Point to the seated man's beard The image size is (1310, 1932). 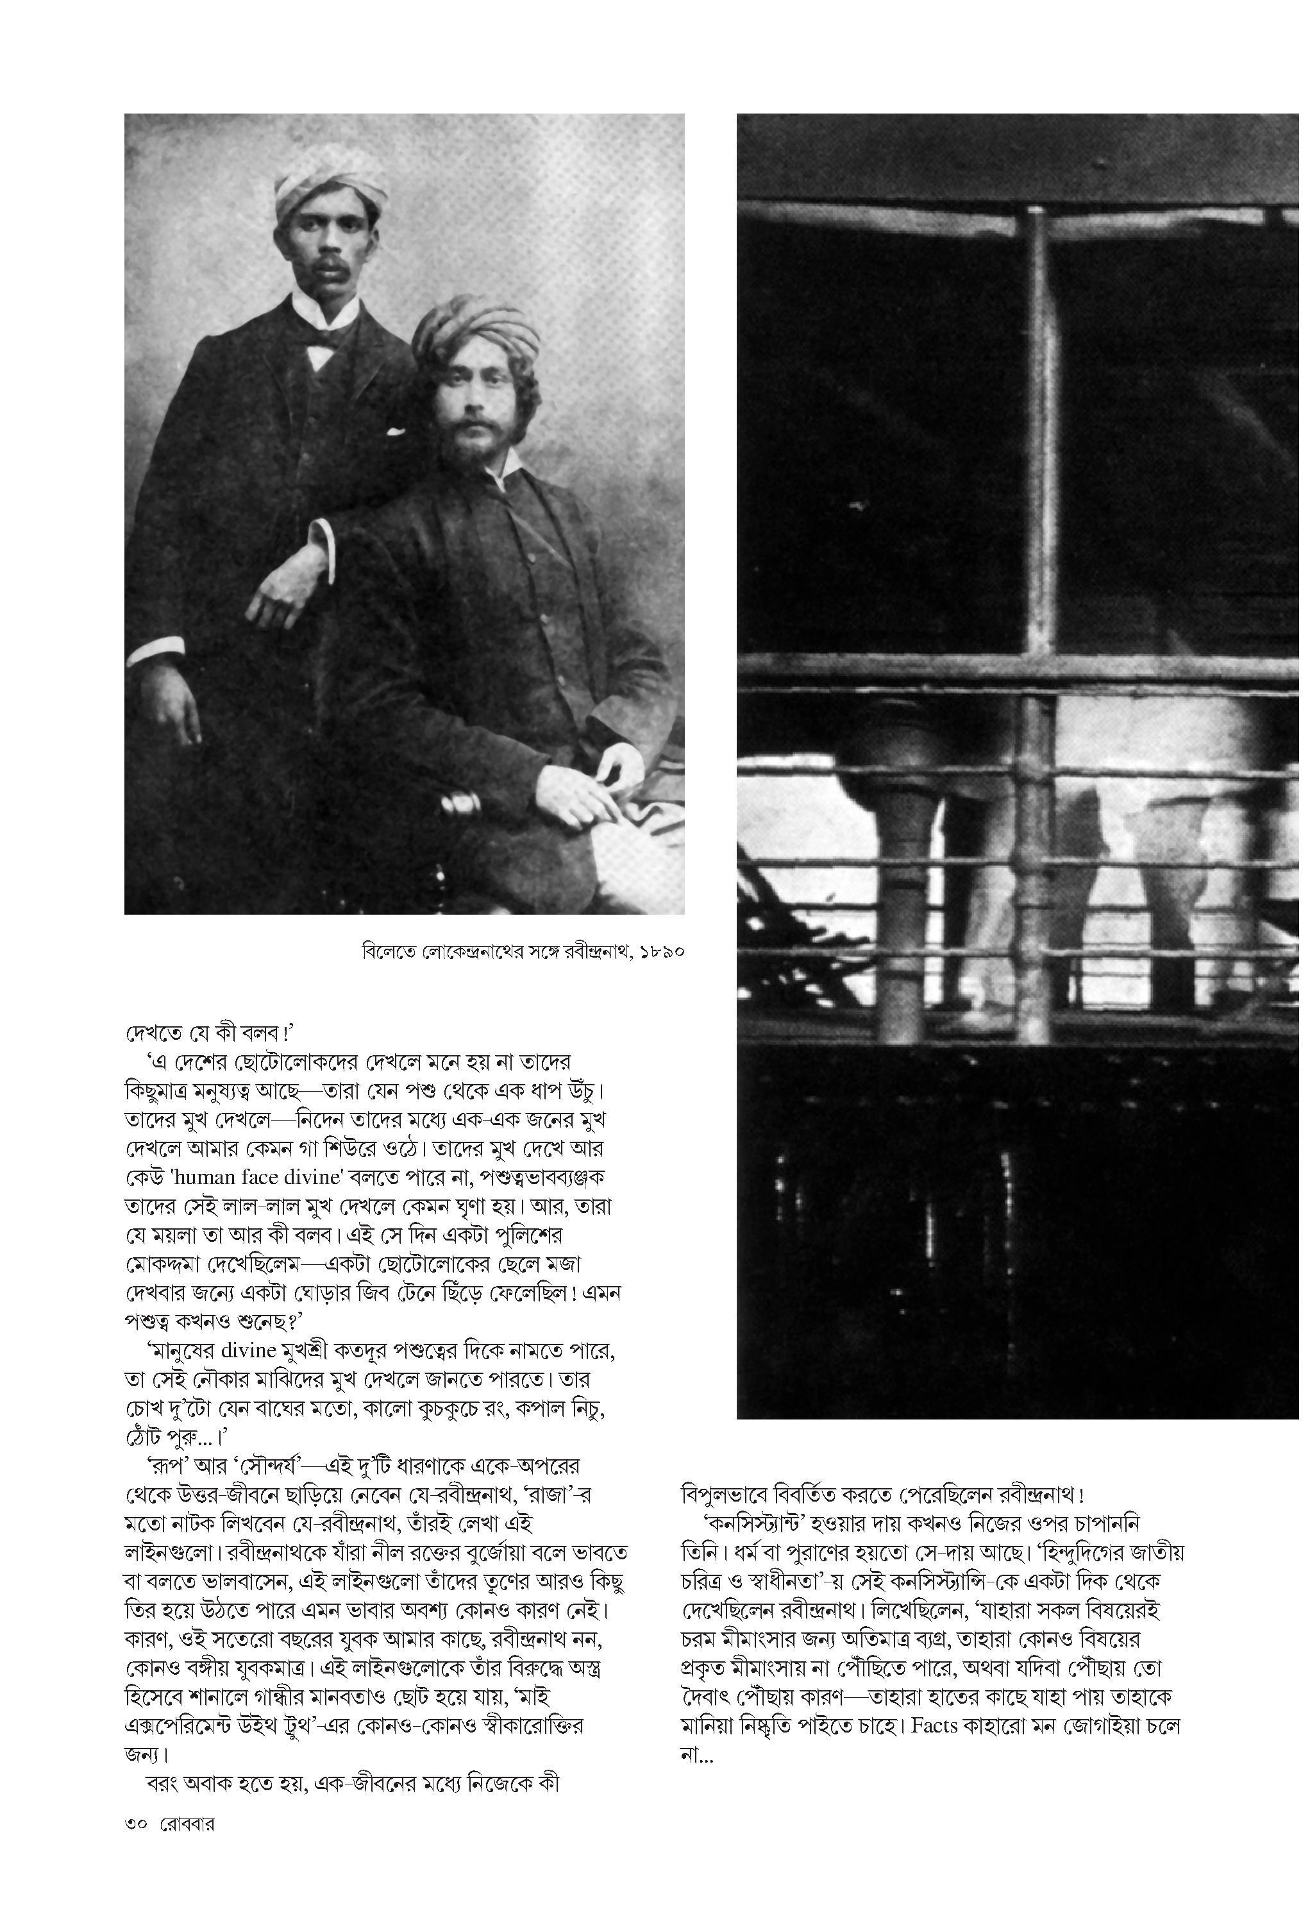click(x=467, y=446)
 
